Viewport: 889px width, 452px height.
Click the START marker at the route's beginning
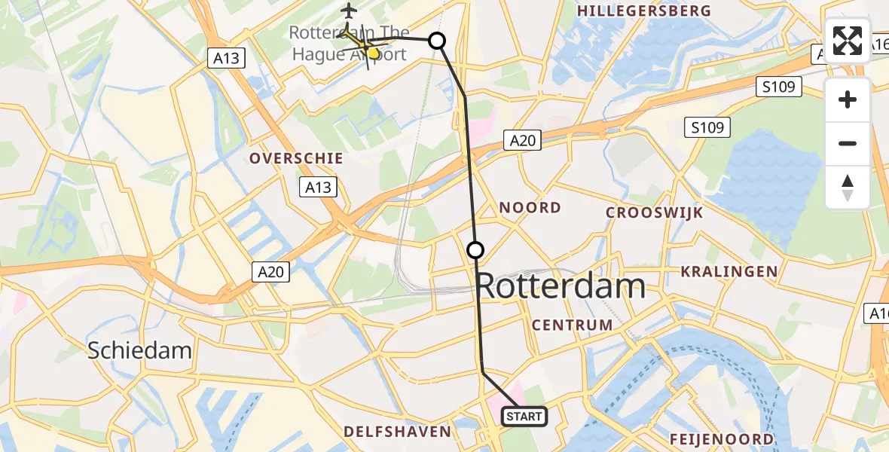(x=524, y=416)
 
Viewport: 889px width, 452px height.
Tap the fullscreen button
(x=848, y=41)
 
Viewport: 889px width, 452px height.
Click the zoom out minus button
(x=848, y=143)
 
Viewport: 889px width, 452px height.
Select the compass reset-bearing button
(x=848, y=188)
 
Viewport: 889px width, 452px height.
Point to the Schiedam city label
(x=139, y=350)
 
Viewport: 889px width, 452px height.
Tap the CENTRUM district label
(x=572, y=325)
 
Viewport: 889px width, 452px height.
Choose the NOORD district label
(x=530, y=208)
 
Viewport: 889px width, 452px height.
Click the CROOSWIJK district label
(x=654, y=213)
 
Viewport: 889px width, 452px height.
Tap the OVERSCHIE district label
(x=296, y=159)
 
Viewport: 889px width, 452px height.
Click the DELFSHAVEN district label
(x=397, y=432)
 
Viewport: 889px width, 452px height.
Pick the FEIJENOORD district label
(x=722, y=439)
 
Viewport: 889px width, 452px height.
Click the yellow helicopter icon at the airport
(x=366, y=47)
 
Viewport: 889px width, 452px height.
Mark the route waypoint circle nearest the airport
(x=437, y=41)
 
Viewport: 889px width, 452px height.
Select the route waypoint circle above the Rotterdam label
(x=475, y=250)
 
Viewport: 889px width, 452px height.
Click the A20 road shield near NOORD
(x=522, y=140)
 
